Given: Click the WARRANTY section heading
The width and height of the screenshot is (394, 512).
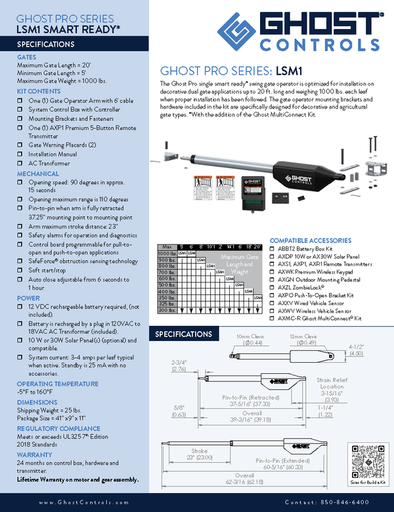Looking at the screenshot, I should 34,454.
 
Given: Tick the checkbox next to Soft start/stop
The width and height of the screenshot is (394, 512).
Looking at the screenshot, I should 20,269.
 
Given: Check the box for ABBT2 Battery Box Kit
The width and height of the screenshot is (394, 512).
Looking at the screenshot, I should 273,249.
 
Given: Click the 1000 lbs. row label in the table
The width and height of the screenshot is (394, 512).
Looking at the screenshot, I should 167,253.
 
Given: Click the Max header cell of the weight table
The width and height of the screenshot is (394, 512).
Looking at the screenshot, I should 167,246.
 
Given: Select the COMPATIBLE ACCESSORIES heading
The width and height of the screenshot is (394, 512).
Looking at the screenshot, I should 310,241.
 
